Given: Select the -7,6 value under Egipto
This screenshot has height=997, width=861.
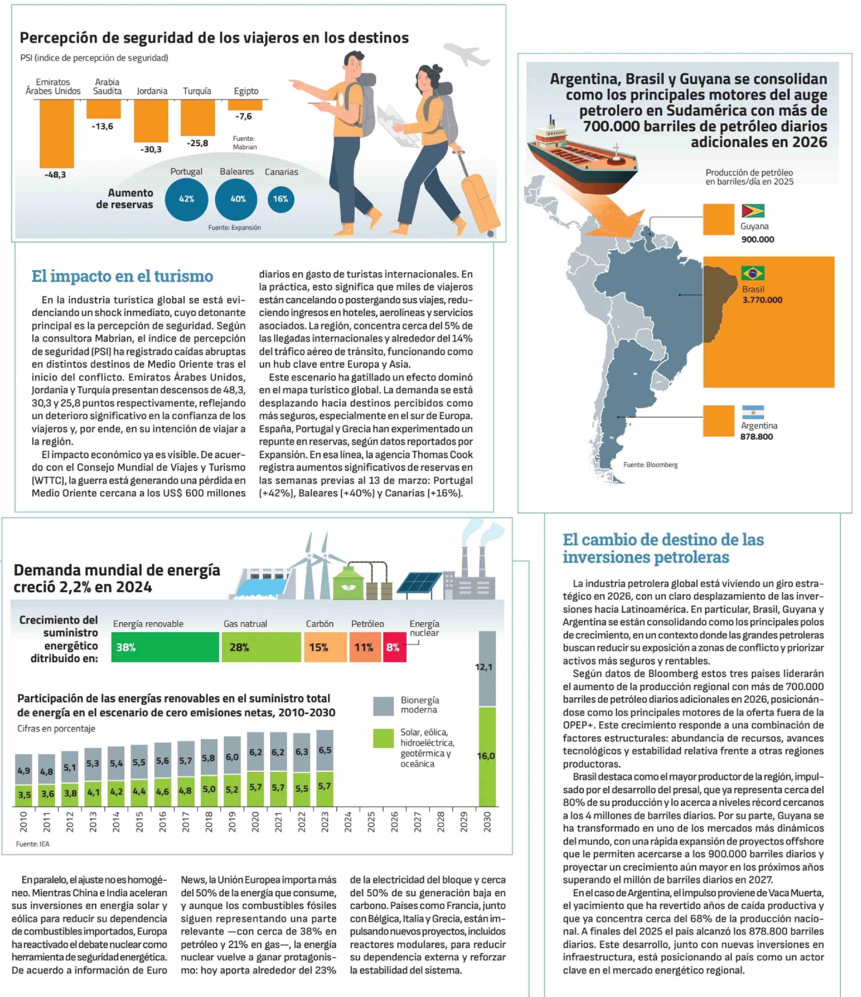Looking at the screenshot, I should (x=244, y=116).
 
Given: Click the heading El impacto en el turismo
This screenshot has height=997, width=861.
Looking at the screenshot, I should (x=122, y=276).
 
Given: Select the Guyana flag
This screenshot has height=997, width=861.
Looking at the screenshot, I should (x=753, y=211).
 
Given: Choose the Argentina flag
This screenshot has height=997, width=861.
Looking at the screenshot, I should (x=753, y=412).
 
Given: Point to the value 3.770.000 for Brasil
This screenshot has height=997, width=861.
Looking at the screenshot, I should (x=762, y=300).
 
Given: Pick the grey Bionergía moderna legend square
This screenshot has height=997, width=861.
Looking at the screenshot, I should (x=383, y=706).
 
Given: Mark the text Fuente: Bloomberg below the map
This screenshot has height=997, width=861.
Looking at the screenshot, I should (x=650, y=465).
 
